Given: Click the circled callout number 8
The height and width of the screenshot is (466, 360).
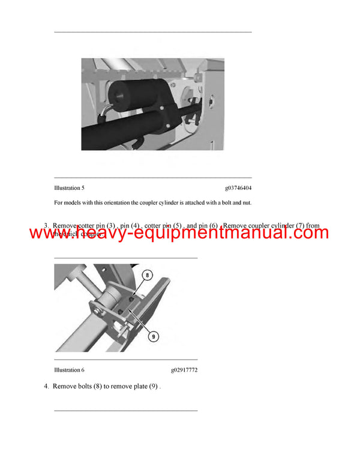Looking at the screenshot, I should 146,275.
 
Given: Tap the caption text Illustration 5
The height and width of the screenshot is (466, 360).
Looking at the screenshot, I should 69,188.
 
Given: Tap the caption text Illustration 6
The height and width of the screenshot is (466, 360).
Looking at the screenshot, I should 69,370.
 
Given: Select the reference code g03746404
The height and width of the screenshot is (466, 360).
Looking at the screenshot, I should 238,188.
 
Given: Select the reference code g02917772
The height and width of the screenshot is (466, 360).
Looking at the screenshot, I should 184,370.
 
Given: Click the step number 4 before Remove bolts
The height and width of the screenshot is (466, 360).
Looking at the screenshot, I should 46,387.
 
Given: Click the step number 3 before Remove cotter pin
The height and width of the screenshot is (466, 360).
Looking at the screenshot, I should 46,226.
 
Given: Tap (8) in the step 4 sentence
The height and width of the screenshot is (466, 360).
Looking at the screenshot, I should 100,387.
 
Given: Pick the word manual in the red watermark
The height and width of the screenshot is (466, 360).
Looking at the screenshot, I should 244,232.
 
